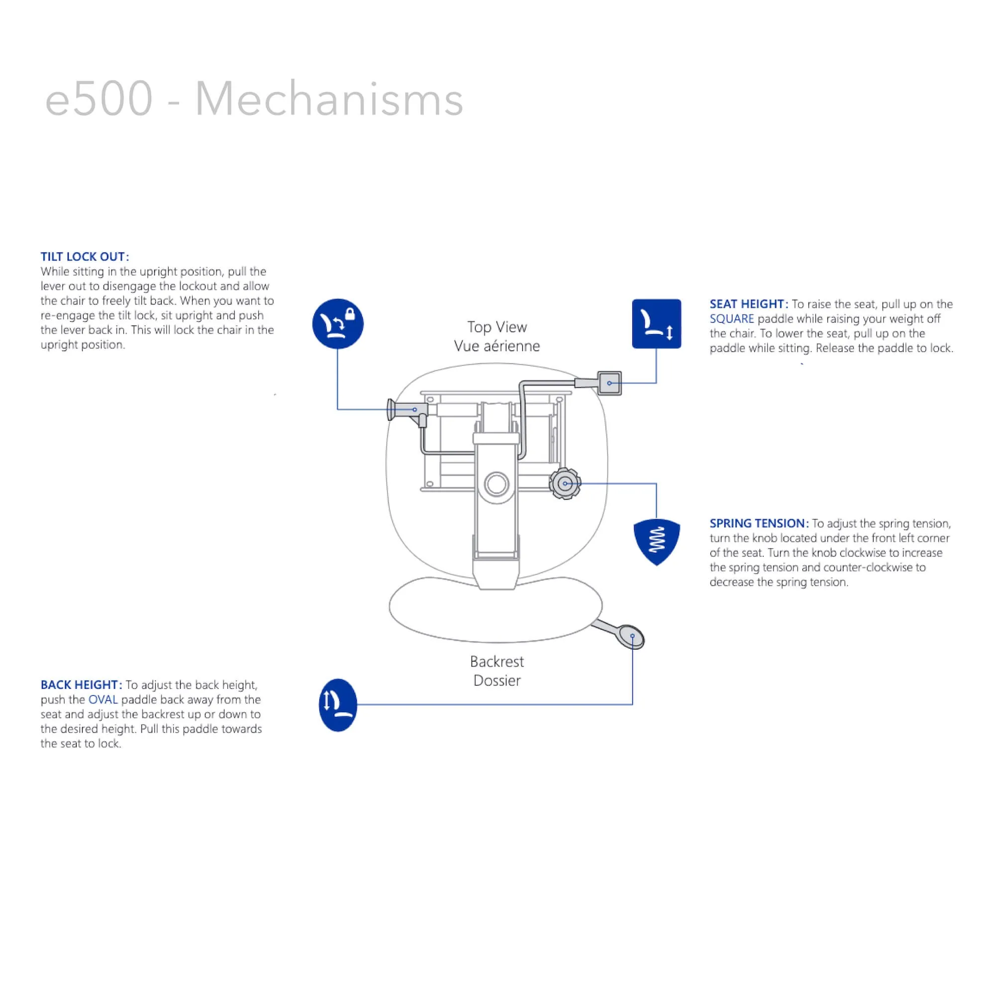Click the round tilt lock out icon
337,324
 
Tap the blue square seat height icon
656,324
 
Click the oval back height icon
337,704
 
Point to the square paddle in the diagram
609,383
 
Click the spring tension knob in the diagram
565,484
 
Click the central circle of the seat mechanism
497,484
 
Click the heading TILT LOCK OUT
85,257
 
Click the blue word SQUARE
731,319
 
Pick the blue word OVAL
103,699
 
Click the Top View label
497,327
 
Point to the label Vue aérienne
497,346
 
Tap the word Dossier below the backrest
497,680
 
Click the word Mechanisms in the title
329,99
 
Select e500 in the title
99,99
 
